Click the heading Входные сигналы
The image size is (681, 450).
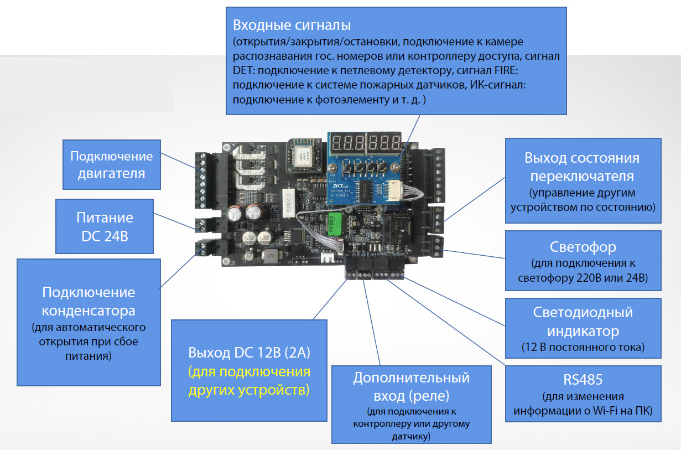click(x=292, y=25)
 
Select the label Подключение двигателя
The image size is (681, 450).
click(x=111, y=164)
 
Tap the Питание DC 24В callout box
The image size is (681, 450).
click(x=105, y=227)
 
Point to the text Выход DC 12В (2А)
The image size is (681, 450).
click(x=248, y=353)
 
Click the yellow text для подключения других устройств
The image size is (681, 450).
click(x=248, y=380)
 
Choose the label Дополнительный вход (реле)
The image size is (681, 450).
click(x=411, y=386)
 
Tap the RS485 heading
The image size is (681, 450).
click(x=583, y=380)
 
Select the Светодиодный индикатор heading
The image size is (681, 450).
click(x=583, y=322)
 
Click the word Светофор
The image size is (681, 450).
click(x=583, y=246)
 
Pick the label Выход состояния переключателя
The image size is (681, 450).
click(x=582, y=167)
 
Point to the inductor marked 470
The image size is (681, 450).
click(x=271, y=256)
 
